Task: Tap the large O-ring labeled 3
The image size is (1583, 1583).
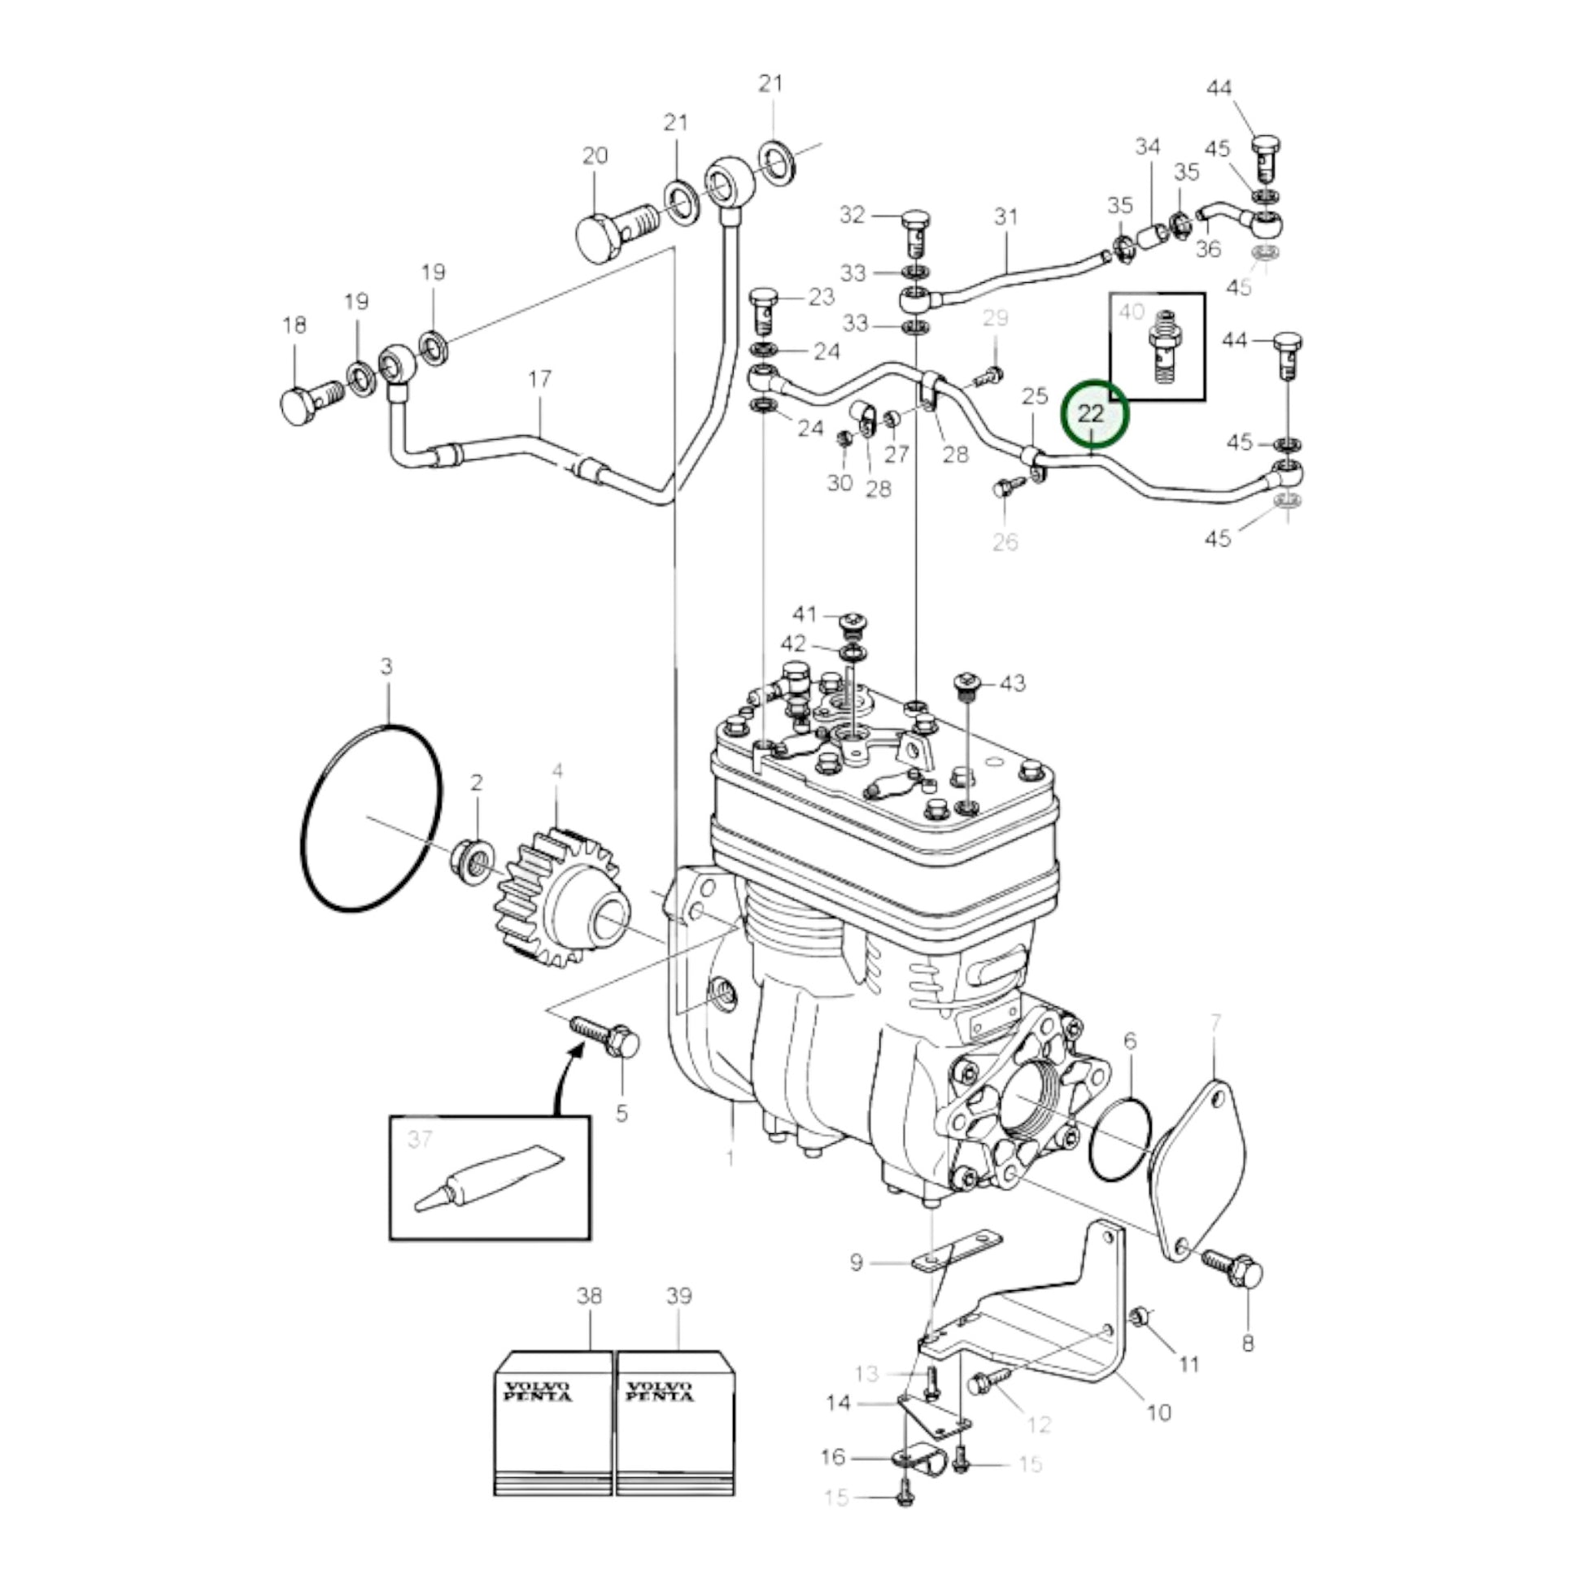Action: click(x=371, y=818)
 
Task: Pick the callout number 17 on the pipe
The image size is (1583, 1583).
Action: click(x=539, y=379)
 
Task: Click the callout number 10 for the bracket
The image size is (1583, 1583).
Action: click(x=1158, y=1411)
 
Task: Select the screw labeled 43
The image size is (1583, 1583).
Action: click(x=967, y=687)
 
